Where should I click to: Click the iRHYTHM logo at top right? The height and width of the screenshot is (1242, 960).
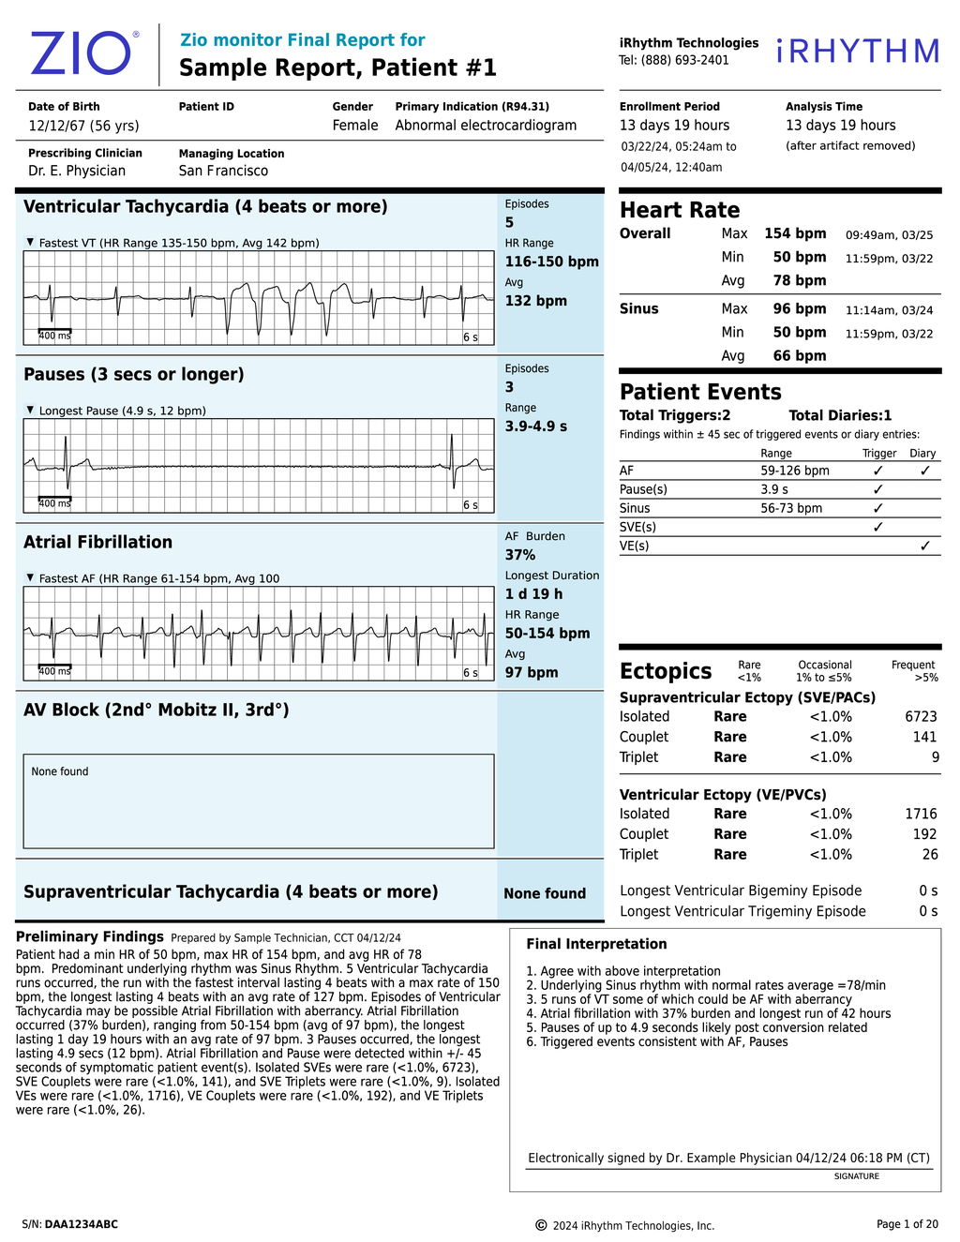[x=858, y=52]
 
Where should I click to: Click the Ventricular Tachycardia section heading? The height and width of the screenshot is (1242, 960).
[x=205, y=207]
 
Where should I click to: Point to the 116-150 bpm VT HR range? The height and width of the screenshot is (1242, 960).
[x=551, y=262]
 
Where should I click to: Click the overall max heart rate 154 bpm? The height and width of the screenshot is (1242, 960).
[x=795, y=234]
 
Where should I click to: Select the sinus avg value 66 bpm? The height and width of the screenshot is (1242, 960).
[x=799, y=356]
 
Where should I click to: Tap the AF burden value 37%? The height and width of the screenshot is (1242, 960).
[x=520, y=555]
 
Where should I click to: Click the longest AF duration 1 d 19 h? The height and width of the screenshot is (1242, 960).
[x=534, y=594]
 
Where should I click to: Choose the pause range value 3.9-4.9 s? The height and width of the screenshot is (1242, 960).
[x=536, y=426]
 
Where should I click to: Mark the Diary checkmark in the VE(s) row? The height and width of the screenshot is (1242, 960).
[x=924, y=546]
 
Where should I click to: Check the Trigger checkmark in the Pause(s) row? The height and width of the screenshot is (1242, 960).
[x=877, y=489]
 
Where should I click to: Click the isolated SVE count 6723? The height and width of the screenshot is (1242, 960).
[x=921, y=717]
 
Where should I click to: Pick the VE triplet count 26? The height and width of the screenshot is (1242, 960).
[x=929, y=855]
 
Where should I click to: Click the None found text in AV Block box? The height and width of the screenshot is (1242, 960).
[x=60, y=771]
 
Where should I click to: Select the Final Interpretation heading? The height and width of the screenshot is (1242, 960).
[x=596, y=945]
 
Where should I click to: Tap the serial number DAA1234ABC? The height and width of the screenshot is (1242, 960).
[x=82, y=1224]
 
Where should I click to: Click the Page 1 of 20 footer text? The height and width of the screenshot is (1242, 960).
[x=907, y=1224]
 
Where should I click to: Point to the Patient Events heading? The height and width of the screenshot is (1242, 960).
[x=700, y=393]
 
